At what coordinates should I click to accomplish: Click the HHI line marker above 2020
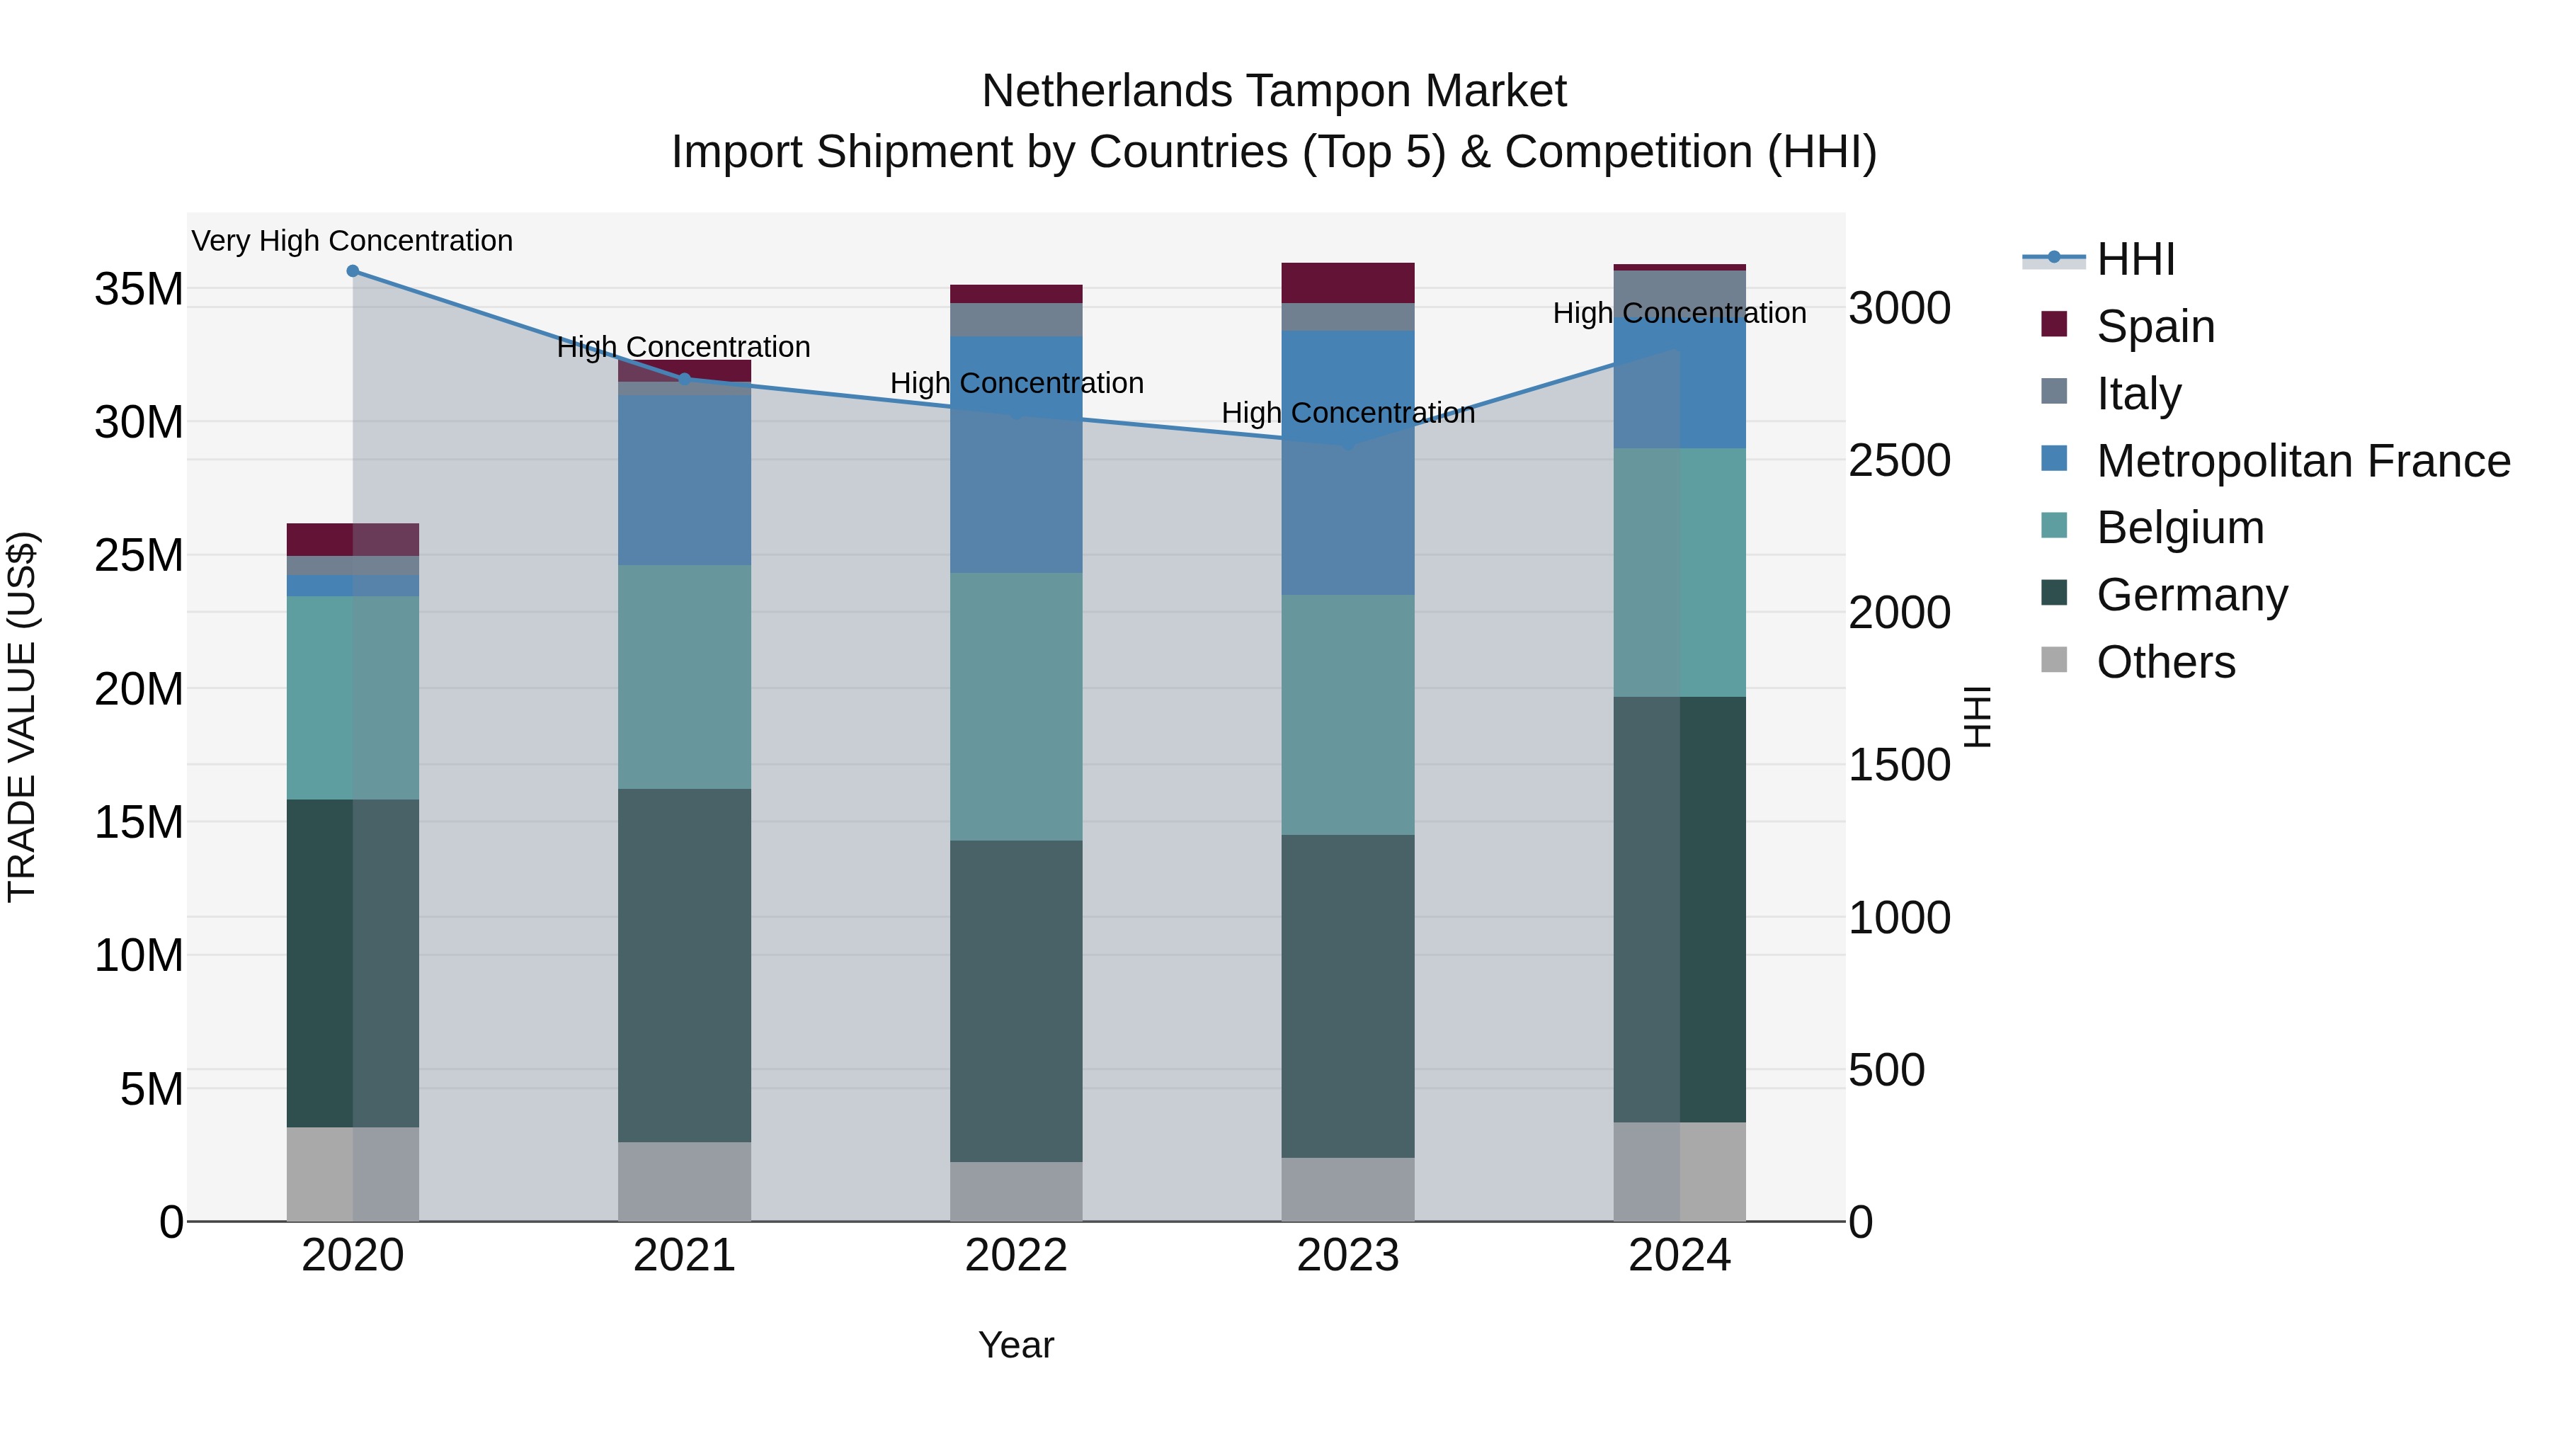(x=353, y=271)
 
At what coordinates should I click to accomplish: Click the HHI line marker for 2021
(x=684, y=379)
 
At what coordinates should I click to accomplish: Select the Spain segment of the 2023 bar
(x=1347, y=283)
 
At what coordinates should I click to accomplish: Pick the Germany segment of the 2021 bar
(x=684, y=965)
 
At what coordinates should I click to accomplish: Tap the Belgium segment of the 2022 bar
(x=1015, y=707)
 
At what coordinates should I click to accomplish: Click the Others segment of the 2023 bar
(x=1347, y=1190)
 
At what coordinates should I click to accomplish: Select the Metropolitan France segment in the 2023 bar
(x=1347, y=462)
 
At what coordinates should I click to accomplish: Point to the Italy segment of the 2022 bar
(x=1015, y=319)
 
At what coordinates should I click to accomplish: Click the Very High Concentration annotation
(x=353, y=241)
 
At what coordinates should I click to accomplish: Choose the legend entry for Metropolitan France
(x=2302, y=461)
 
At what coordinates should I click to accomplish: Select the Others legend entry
(x=2165, y=662)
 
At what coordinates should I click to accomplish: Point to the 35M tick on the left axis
(x=139, y=289)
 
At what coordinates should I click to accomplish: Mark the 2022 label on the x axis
(x=1015, y=1256)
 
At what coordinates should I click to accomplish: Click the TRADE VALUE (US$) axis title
(x=22, y=717)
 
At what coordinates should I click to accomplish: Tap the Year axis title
(x=1015, y=1345)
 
